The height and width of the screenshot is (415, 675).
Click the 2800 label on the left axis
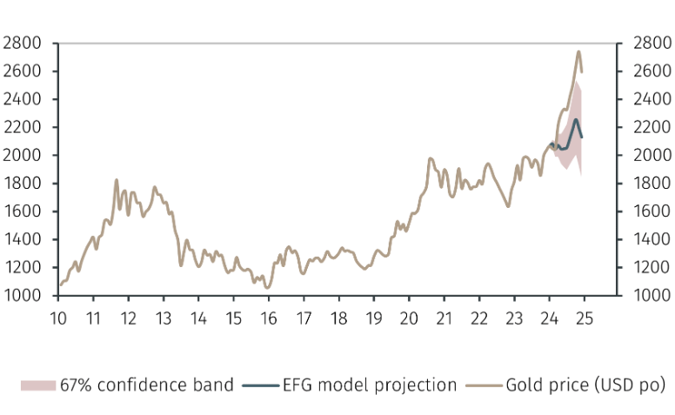click(x=22, y=43)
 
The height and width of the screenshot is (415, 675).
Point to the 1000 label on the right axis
click(x=652, y=295)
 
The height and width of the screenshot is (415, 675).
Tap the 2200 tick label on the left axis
click(x=22, y=127)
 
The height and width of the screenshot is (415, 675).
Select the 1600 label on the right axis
click(x=652, y=211)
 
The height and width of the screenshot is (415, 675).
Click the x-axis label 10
click(x=58, y=318)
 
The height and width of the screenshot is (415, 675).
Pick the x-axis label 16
click(x=269, y=318)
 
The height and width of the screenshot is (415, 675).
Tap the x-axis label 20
click(x=409, y=318)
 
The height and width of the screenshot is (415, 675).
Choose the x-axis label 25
click(x=585, y=318)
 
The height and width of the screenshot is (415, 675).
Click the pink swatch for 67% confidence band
click(x=38, y=385)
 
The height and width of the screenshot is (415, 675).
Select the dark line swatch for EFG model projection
click(x=261, y=385)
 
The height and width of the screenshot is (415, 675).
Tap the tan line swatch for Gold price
click(x=484, y=385)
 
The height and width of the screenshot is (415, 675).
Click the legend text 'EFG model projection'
click(x=370, y=385)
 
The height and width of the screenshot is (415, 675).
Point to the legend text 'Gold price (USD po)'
click(x=585, y=385)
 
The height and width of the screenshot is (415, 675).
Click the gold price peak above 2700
click(x=578, y=51)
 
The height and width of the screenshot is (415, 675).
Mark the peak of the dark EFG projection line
click(x=575, y=120)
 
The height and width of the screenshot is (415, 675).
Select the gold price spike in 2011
click(x=117, y=180)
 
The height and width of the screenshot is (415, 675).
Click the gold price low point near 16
click(x=267, y=288)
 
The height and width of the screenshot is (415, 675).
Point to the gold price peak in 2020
click(x=430, y=159)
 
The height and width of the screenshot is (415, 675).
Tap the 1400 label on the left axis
click(x=22, y=239)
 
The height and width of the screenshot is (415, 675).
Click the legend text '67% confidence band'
click(x=147, y=385)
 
